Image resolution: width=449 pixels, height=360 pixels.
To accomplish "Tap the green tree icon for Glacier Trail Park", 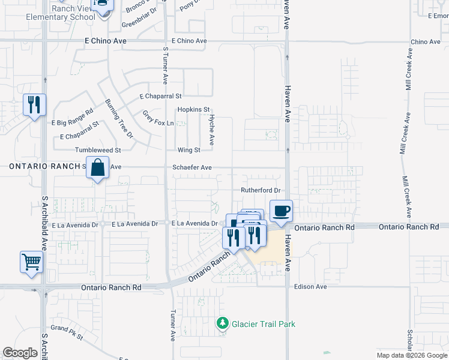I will tap(223, 324).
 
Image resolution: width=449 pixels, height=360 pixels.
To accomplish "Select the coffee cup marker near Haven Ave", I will tap(281, 211).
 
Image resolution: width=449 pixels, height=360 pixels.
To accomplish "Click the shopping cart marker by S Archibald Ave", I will tap(31, 262).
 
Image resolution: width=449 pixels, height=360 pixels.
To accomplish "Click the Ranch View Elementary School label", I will tap(60, 13).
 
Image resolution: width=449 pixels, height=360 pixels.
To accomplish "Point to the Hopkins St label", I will tap(193, 110).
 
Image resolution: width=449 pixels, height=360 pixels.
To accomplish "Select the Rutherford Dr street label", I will tap(261, 190).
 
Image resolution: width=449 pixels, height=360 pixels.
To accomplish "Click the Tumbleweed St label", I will tap(98, 150).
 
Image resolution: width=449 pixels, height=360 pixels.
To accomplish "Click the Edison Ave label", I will tap(310, 287).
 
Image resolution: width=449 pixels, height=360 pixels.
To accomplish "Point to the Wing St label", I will tap(188, 150).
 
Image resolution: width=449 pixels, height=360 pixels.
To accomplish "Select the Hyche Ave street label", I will tap(211, 131).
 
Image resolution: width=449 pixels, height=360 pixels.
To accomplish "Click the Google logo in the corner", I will tap(20, 353).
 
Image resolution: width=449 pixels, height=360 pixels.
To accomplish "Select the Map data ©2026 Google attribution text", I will tap(411, 355).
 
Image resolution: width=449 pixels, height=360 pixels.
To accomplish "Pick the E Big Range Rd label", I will tap(73, 118).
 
